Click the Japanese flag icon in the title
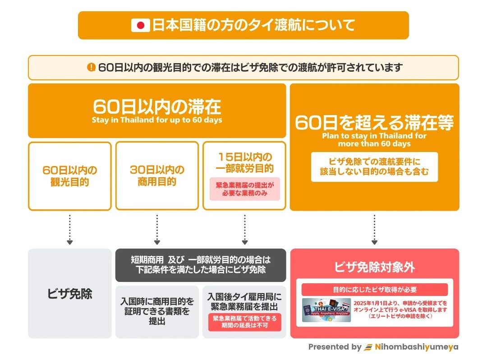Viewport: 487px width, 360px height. (140, 25)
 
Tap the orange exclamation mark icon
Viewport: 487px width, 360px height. (92, 67)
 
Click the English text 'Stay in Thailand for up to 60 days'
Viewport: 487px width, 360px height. (157, 120)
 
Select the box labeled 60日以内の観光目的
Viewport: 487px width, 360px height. (69, 176)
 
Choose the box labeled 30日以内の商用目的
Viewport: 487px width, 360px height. (157, 176)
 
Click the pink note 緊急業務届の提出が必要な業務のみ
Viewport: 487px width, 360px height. (244, 189)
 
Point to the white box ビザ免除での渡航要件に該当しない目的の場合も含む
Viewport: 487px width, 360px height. (374, 167)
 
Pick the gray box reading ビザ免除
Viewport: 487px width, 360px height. (69, 294)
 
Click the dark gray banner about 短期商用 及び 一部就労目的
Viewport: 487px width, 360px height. (201, 265)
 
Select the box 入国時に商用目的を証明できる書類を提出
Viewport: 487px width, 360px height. (157, 311)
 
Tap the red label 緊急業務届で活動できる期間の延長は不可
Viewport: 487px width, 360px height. (244, 322)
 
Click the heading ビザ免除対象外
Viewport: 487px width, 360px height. (374, 267)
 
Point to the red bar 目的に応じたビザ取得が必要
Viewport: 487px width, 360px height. (374, 290)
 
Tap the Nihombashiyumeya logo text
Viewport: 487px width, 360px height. (417, 347)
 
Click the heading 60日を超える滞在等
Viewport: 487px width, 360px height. (374, 123)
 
